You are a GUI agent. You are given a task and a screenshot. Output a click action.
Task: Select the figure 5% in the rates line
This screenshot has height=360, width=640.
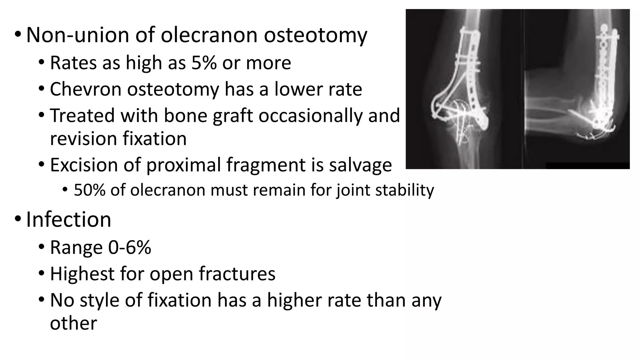point(204,63)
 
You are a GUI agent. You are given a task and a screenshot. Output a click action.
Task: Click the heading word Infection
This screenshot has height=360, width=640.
point(68,219)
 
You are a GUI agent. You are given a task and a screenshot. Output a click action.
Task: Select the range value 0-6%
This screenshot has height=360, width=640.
point(130,247)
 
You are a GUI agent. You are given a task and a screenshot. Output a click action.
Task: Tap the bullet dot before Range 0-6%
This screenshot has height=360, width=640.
point(42,247)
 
